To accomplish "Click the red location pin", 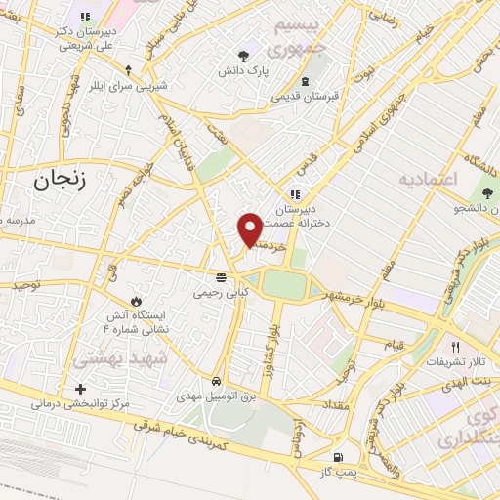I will click(251, 229).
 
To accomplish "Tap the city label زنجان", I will click(61, 180).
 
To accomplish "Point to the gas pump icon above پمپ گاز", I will click(338, 457).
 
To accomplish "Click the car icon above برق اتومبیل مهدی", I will click(216, 382).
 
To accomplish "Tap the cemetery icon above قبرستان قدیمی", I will click(306, 81).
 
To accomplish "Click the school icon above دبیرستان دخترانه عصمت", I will click(296, 193).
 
